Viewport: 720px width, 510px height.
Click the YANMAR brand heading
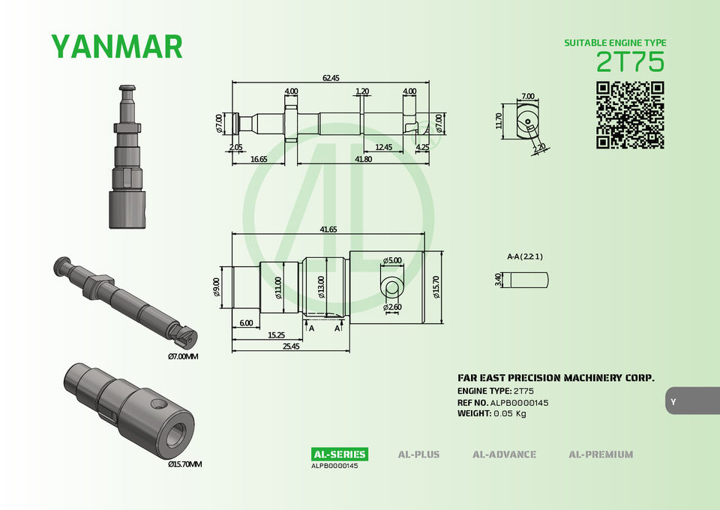(117, 46)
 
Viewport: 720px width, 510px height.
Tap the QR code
(631, 115)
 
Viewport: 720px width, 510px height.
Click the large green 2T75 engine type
(630, 62)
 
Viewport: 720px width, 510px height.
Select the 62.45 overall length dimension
(331, 78)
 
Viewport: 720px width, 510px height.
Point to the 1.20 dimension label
(362, 91)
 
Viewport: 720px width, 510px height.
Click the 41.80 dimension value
(363, 159)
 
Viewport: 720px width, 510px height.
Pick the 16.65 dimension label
(259, 159)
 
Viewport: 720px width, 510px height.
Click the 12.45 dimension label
(383, 147)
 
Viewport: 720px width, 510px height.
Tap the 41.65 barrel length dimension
(328, 229)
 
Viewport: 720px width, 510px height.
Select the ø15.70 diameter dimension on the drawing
(436, 287)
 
